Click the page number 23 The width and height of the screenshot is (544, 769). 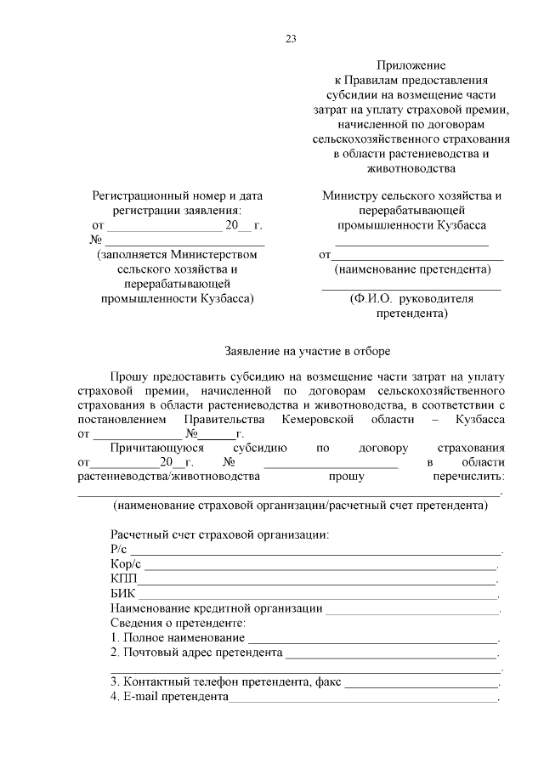291,39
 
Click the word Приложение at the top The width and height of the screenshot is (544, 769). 411,65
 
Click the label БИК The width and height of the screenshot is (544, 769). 123,593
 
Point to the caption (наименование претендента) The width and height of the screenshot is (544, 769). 412,269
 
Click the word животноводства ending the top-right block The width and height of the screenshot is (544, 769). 411,168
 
